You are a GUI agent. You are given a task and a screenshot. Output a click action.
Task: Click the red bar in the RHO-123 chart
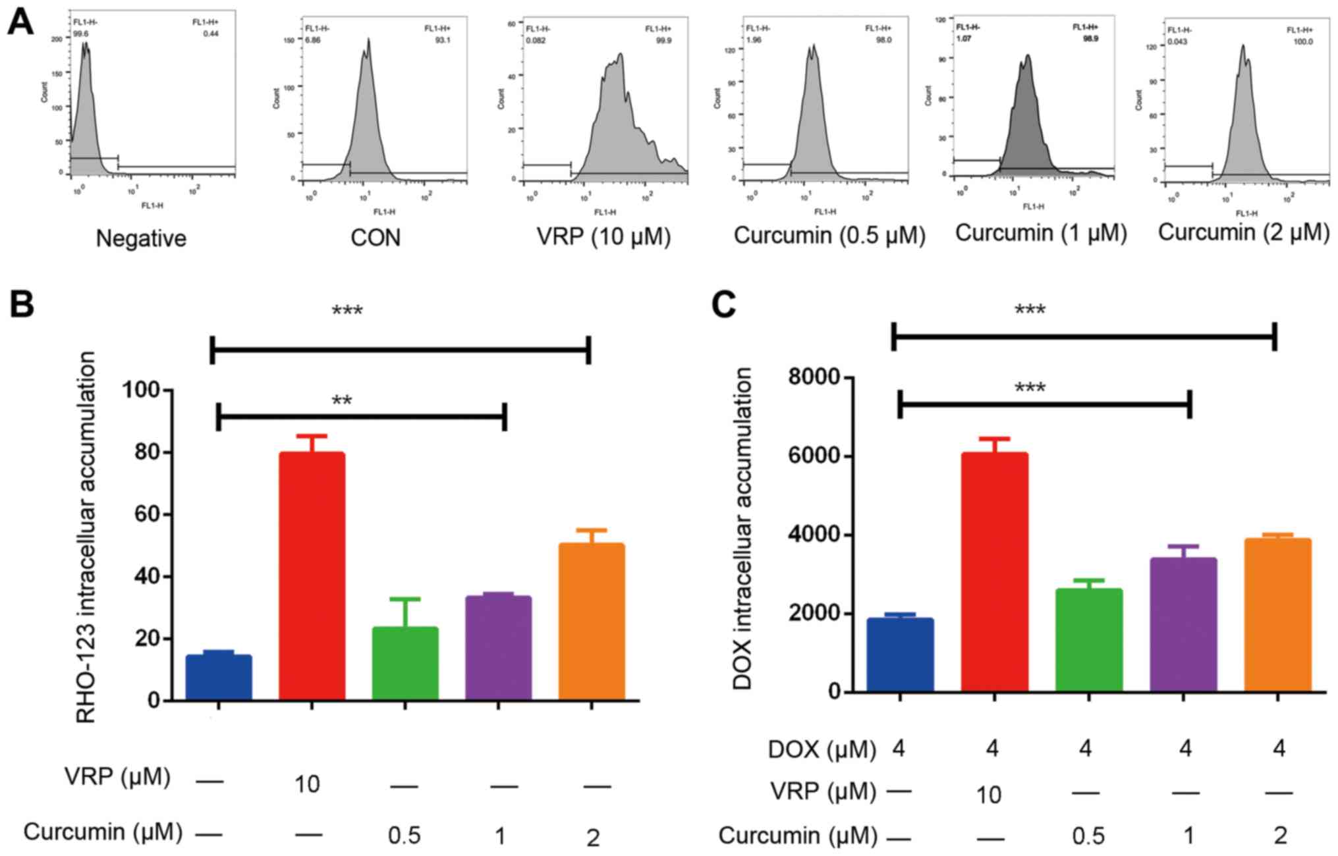[312, 575]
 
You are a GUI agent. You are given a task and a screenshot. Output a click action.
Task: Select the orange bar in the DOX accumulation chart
[1278, 615]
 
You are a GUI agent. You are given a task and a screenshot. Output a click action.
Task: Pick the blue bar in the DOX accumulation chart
[900, 655]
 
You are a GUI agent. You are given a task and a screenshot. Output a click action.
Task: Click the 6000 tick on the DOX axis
[814, 456]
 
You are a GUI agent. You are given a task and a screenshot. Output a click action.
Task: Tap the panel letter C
[725, 304]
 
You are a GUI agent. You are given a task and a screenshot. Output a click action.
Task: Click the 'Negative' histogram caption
[141, 238]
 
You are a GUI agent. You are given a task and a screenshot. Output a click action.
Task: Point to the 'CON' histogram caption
[375, 237]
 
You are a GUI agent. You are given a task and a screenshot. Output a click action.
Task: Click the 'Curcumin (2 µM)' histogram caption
[1244, 232]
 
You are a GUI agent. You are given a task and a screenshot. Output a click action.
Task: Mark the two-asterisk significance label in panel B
[342, 401]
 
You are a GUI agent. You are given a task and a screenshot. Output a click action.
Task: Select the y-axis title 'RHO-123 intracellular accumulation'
[87, 537]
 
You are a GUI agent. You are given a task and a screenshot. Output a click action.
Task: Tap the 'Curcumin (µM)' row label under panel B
[103, 832]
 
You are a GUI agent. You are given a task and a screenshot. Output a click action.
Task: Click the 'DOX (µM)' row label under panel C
[822, 749]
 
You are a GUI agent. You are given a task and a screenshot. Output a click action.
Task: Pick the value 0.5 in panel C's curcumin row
[1088, 836]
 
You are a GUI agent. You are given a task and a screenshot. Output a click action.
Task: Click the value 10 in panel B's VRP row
[307, 784]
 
